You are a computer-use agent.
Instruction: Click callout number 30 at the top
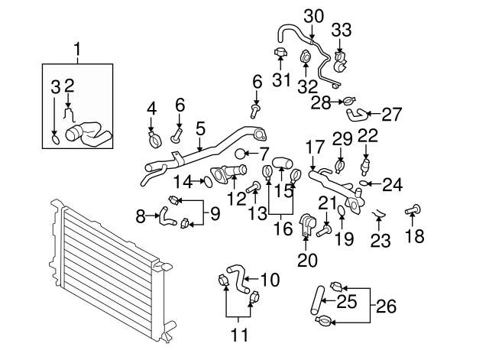click(313, 15)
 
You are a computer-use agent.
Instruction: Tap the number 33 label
click(342, 31)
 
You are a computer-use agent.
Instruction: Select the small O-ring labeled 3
click(56, 139)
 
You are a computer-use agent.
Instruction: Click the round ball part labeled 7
click(240, 154)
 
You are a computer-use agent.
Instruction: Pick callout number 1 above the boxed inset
click(77, 51)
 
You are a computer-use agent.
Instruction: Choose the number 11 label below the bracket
click(239, 334)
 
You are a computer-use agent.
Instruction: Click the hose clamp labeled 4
click(153, 139)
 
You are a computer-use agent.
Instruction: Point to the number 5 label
click(200, 128)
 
